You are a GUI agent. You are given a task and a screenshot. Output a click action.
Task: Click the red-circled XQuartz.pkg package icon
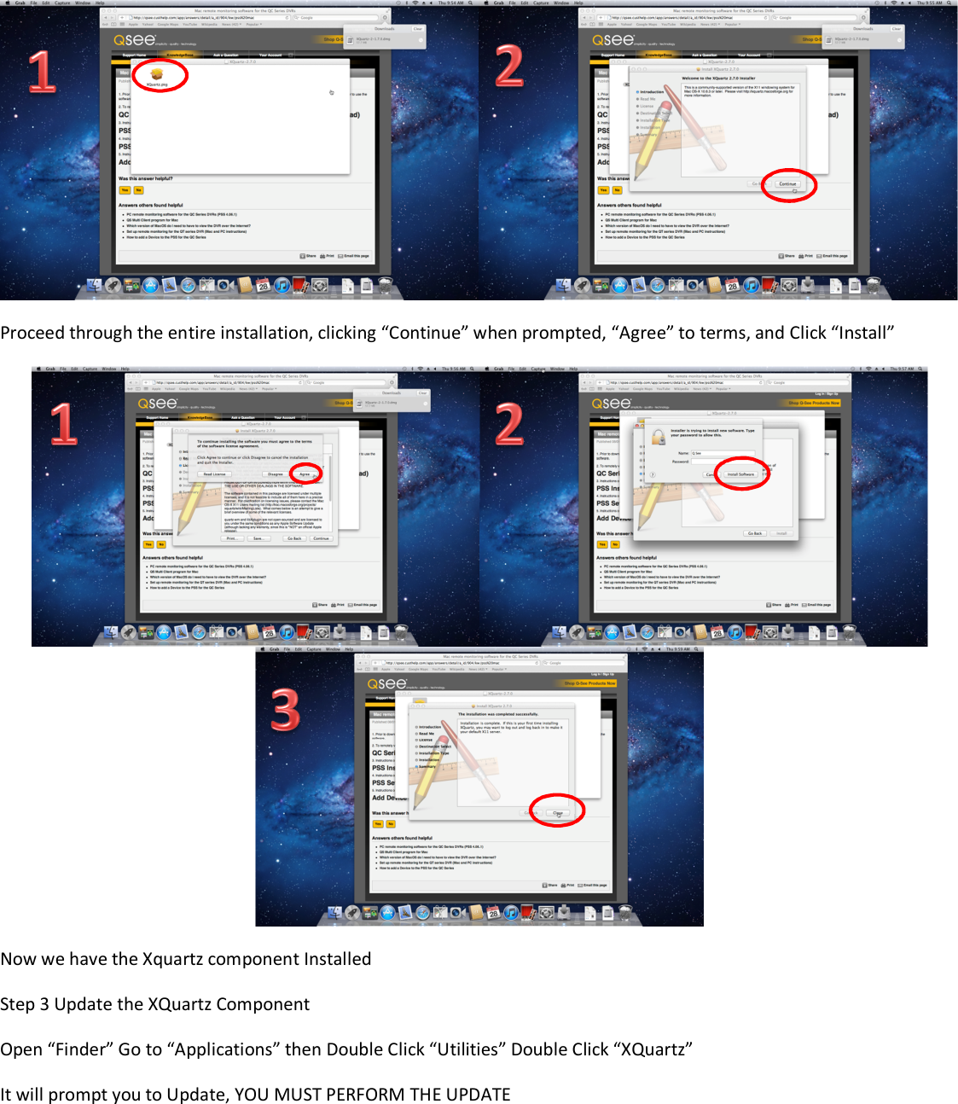click(157, 76)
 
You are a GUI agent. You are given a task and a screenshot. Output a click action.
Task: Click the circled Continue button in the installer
click(787, 183)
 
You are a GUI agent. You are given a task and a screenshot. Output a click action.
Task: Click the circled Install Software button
click(740, 474)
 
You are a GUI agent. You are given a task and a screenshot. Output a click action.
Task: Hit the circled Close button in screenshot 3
click(558, 812)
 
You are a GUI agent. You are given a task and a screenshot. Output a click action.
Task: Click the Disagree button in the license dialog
click(276, 474)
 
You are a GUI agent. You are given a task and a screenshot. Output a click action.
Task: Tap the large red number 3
click(286, 710)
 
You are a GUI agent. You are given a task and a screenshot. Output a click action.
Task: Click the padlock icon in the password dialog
click(659, 437)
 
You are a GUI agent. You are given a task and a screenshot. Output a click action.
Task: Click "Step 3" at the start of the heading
click(25, 1004)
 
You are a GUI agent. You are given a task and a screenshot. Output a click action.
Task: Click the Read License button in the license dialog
click(214, 474)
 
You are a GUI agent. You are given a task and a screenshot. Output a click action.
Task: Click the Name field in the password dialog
click(723, 453)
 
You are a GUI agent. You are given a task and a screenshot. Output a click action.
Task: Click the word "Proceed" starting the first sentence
click(32, 333)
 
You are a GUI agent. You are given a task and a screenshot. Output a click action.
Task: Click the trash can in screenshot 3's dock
click(626, 914)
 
